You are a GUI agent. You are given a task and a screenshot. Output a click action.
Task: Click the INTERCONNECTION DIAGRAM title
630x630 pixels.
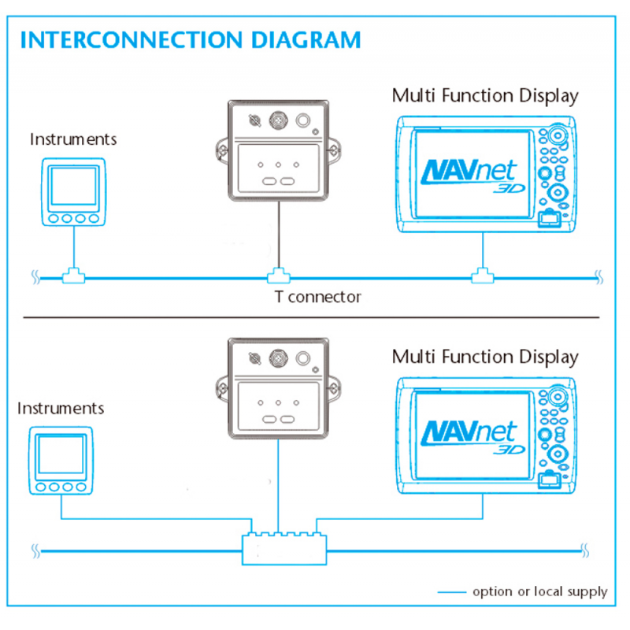tap(191, 39)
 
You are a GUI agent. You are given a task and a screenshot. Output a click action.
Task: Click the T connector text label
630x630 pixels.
tap(317, 297)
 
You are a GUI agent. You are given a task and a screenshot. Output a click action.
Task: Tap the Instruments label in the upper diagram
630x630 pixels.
tap(73, 139)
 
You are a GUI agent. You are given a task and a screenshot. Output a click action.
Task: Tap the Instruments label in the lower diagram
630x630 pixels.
tap(61, 409)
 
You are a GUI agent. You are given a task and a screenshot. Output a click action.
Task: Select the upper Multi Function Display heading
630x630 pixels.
tap(485, 96)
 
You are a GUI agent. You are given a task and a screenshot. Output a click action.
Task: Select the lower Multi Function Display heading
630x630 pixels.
tap(485, 357)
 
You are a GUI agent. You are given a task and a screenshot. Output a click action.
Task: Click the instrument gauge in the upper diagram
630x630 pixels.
tap(73, 192)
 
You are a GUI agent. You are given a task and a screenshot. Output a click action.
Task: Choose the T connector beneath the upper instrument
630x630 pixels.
tap(73, 276)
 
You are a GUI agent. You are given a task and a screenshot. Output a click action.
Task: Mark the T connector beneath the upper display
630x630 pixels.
tap(482, 276)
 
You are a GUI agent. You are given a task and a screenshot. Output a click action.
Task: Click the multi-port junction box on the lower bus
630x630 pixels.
tap(284, 547)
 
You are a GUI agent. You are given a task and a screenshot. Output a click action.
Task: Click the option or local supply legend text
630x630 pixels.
tap(539, 591)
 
